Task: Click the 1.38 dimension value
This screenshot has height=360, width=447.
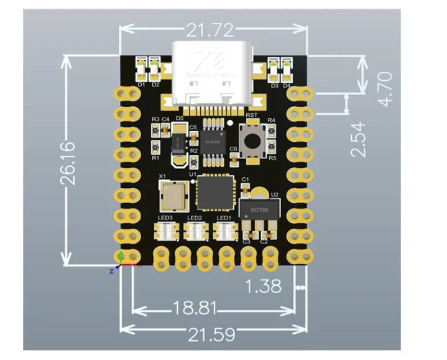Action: [263, 287]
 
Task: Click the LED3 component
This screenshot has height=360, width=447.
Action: [166, 231]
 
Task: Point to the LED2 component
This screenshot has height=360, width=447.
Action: [195, 231]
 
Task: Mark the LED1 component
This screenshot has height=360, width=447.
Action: [223, 231]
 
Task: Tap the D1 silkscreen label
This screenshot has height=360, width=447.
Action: [141, 85]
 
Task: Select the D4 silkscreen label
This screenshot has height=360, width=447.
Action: [287, 85]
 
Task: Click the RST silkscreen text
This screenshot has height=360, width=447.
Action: [252, 116]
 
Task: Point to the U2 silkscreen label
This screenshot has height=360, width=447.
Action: [275, 195]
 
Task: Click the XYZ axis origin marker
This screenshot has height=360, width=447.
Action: [121, 263]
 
